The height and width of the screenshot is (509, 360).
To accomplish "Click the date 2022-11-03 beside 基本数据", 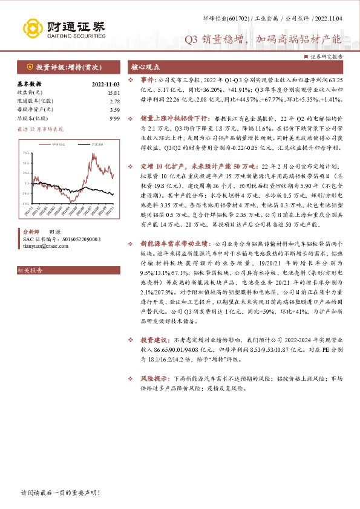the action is click(106, 84).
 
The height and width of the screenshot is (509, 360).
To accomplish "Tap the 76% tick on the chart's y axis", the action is click(25, 154).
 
